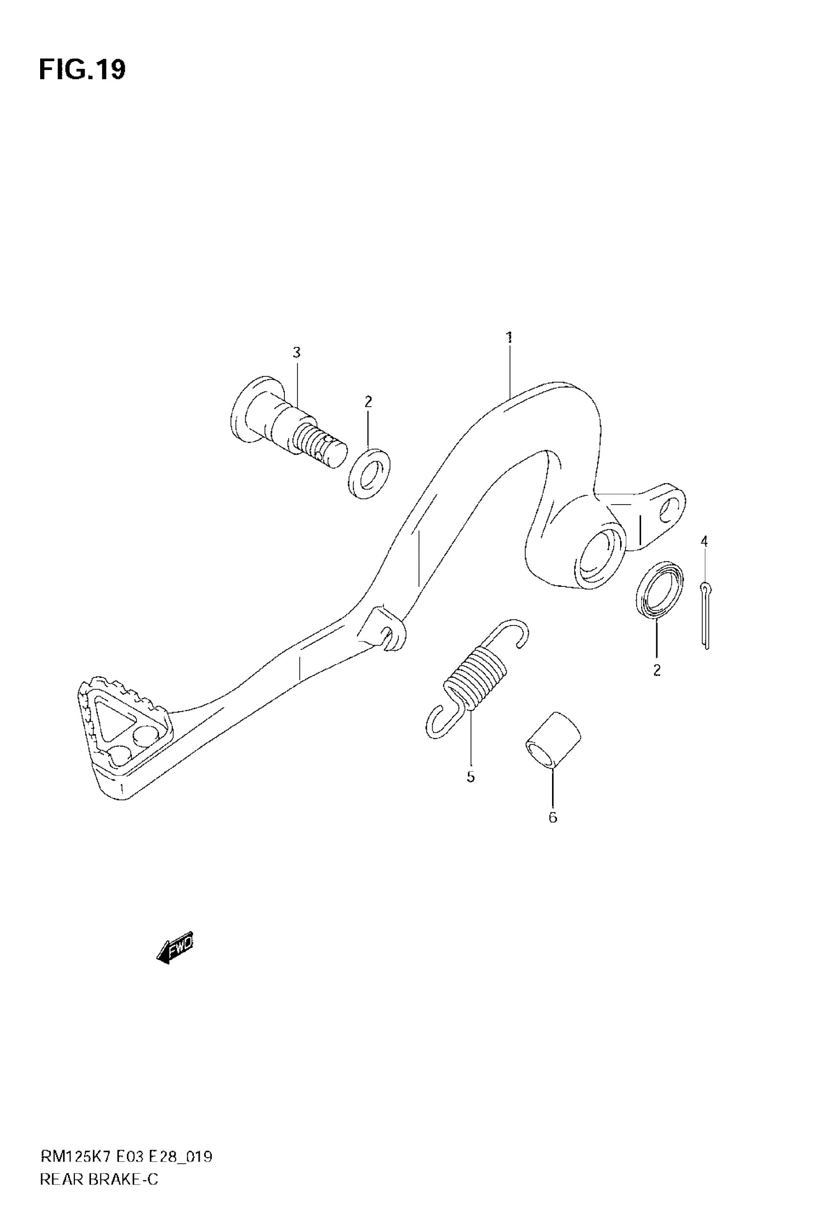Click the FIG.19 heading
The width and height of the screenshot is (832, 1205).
[82, 70]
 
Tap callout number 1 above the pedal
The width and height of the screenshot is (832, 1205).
[509, 337]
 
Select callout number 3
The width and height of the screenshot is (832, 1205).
[297, 353]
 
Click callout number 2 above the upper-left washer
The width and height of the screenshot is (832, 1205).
[368, 402]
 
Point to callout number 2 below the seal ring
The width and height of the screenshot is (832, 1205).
[657, 670]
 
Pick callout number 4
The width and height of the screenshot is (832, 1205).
[704, 541]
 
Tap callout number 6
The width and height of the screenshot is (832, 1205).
[553, 818]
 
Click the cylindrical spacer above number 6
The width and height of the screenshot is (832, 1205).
[553, 741]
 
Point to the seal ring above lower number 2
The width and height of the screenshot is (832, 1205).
[659, 590]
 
